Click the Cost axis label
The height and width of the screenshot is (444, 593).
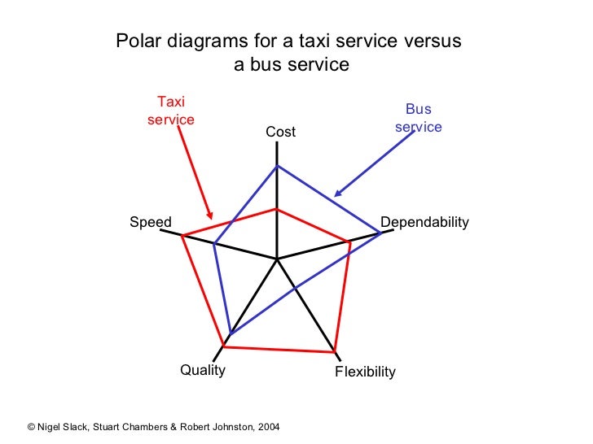click(x=280, y=132)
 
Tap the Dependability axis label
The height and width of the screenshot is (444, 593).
click(x=424, y=222)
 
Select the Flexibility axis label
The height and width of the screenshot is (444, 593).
click(x=365, y=372)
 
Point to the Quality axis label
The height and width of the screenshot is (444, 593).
click(x=202, y=370)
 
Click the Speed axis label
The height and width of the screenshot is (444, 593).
click(x=151, y=222)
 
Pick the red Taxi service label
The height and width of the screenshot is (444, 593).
click(x=170, y=111)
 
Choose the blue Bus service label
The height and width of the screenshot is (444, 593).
click(x=418, y=118)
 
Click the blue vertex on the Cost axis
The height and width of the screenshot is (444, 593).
click(x=278, y=166)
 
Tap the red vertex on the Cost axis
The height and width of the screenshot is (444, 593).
click(x=278, y=209)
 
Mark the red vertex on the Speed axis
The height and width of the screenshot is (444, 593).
click(x=182, y=237)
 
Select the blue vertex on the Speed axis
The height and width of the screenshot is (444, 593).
click(x=214, y=244)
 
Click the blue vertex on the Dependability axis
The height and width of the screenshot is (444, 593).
click(x=381, y=233)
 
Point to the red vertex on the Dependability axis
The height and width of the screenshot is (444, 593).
click(x=350, y=242)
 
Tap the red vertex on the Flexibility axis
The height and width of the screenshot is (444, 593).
click(x=335, y=352)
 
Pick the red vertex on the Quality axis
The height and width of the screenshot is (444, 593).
click(x=224, y=347)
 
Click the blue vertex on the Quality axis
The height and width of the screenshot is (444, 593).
click(x=231, y=334)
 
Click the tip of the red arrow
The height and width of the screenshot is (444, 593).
click(x=212, y=219)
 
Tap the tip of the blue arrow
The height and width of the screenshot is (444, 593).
click(x=336, y=196)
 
